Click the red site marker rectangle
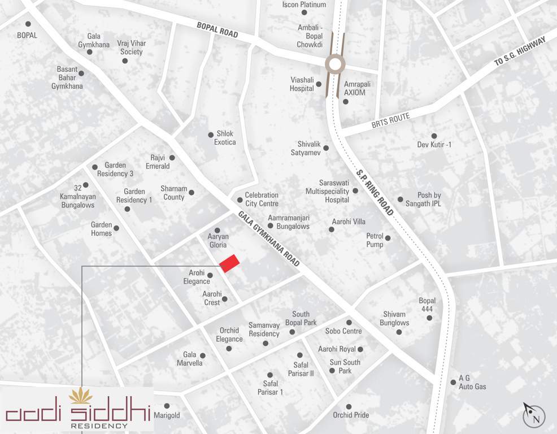coord(229,264)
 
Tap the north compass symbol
coord(534,417)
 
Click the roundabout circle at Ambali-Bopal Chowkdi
coord(334,64)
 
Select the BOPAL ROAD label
coord(217,30)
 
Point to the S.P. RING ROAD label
coord(375,192)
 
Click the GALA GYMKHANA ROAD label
coord(268,239)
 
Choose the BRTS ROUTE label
coord(390,120)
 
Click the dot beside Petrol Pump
coord(388,238)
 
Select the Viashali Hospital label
coord(302,84)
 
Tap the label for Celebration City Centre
coord(261,199)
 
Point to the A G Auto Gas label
coord(472,383)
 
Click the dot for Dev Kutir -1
coord(434,136)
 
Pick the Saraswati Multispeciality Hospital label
coord(327,192)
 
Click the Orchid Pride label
coord(351,415)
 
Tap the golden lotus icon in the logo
coord(81,396)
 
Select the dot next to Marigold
coord(167,406)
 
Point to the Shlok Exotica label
coord(225,138)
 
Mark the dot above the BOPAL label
coord(28,24)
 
